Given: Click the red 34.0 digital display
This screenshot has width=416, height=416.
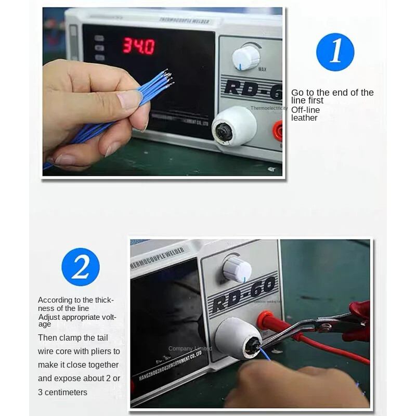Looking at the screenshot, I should (x=138, y=46).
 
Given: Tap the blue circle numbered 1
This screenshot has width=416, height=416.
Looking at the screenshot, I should (x=335, y=52).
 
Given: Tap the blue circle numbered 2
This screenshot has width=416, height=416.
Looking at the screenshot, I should (x=81, y=267).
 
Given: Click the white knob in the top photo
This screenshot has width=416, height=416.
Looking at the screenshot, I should (x=245, y=57).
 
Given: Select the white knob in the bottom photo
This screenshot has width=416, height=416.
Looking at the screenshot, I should (x=237, y=269).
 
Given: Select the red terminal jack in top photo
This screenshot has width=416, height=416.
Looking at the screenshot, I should (x=279, y=131).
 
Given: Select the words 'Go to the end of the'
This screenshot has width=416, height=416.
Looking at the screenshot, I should (x=332, y=93).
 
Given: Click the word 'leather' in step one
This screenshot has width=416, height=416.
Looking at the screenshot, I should (x=304, y=118).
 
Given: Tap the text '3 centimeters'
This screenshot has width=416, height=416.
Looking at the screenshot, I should (x=62, y=392).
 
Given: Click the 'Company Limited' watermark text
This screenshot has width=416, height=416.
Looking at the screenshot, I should (x=190, y=348).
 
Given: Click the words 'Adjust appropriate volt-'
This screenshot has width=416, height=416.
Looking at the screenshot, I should (x=77, y=317).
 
